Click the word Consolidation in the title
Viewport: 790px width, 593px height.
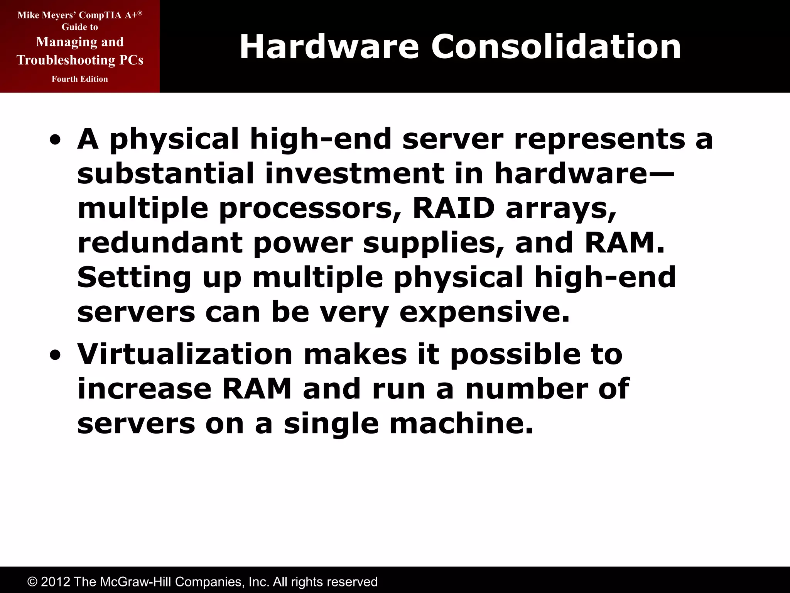tap(556, 47)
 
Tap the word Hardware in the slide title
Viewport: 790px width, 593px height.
tap(329, 47)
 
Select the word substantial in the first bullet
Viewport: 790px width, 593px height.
tap(165, 173)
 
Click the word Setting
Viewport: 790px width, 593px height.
tap(134, 278)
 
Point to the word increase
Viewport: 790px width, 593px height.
tap(144, 389)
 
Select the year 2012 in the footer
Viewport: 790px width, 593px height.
tap(56, 582)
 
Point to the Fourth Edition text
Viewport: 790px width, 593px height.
tap(80, 79)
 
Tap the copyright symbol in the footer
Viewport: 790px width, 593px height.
tap(32, 582)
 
